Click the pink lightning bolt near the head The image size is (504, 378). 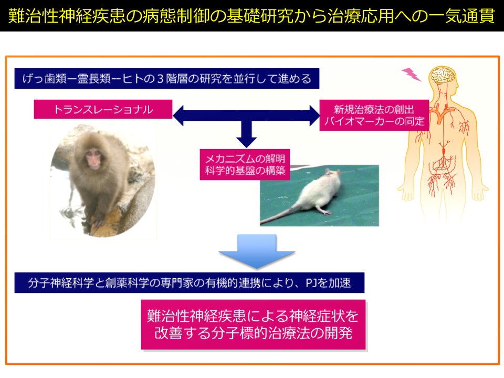(x=412, y=74)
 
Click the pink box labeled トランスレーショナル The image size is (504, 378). (x=103, y=109)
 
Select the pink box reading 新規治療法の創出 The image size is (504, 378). (x=374, y=115)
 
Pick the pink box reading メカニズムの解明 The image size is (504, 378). (x=245, y=164)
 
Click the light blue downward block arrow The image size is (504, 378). (x=257, y=251)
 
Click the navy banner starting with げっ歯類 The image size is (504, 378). (x=167, y=78)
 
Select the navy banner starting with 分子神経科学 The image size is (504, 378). (x=190, y=283)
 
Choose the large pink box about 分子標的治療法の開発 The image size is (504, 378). (x=254, y=324)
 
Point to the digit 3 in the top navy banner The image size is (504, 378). (x=160, y=79)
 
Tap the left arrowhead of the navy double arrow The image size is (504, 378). (x=178, y=115)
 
